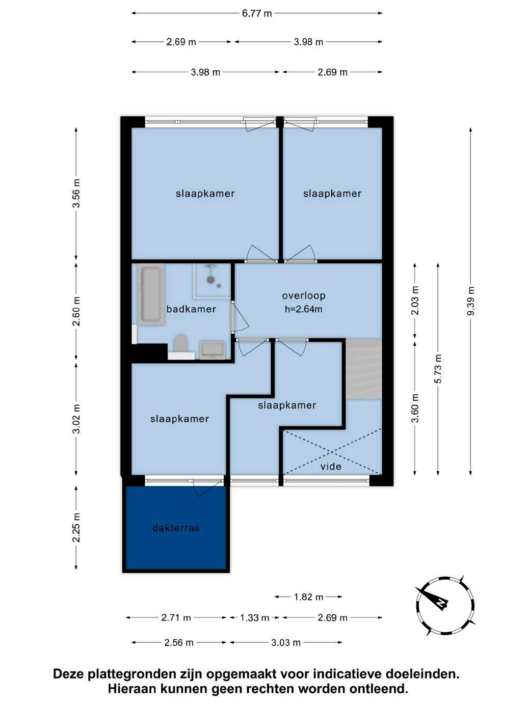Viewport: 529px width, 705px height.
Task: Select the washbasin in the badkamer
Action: [x=213, y=350]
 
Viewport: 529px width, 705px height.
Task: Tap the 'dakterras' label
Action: [x=176, y=528]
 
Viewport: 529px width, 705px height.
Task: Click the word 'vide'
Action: [x=331, y=466]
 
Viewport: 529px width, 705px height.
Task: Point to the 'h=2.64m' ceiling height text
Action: [x=304, y=309]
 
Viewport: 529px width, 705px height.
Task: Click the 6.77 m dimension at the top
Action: [x=257, y=13]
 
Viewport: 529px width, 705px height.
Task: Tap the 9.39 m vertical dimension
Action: [x=470, y=301]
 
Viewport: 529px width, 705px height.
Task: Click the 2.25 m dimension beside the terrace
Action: [x=76, y=527]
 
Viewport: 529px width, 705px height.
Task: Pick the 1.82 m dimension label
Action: [x=308, y=597]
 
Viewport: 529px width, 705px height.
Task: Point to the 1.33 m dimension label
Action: [x=254, y=617]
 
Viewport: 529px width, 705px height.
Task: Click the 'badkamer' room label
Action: [x=191, y=309]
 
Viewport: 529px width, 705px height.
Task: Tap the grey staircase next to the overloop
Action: [x=363, y=368]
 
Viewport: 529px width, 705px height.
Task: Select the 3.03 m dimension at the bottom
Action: [x=285, y=642]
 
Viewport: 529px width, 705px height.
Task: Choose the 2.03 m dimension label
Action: [x=415, y=301]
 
